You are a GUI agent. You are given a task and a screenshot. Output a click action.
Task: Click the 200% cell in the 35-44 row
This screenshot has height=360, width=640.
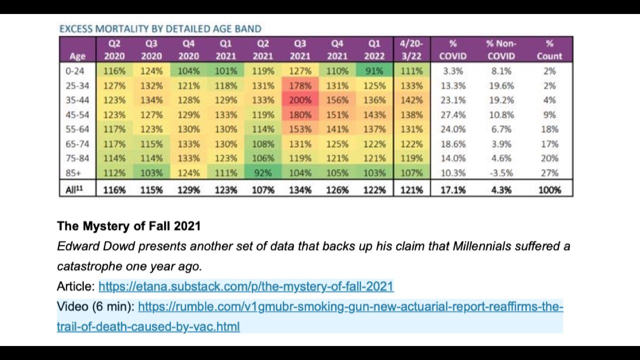tap(300, 100)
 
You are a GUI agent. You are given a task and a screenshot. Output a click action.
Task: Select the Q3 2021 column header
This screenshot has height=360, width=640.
tap(300, 49)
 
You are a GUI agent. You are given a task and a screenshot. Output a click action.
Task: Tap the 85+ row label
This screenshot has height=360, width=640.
tap(73, 173)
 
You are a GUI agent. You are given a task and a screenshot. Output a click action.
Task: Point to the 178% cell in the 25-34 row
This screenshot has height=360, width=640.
tap(300, 85)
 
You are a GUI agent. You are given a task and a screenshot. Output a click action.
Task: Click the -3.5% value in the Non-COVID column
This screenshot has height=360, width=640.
tap(501, 173)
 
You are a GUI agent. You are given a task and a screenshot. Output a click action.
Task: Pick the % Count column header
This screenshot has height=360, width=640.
tap(549, 49)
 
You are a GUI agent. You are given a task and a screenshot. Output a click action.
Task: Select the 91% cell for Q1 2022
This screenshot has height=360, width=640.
tap(374, 71)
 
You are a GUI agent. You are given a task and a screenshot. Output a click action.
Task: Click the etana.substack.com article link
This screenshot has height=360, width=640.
tap(246, 286)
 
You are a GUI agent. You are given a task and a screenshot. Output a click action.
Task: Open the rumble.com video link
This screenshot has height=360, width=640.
tap(350, 306)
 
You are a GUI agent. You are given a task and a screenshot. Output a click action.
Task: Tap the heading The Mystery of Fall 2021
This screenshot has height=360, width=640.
tap(128, 226)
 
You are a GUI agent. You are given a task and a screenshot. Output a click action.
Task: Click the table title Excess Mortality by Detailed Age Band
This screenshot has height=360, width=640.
tap(160, 29)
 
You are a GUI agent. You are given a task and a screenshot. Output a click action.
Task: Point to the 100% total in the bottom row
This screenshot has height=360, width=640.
tap(549, 190)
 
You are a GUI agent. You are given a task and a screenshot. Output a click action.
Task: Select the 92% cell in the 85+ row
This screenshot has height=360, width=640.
tap(263, 173)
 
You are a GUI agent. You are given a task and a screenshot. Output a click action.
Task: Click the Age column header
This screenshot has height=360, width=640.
tap(77, 55)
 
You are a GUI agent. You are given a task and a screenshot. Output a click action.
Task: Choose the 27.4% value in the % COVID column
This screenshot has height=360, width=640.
tap(452, 114)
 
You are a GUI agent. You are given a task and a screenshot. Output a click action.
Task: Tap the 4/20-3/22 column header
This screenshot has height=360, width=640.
tap(411, 49)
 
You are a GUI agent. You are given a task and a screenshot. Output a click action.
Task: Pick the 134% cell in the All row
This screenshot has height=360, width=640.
tap(300, 190)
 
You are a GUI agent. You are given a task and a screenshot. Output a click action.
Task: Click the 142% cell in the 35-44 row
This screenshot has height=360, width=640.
tap(411, 100)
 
